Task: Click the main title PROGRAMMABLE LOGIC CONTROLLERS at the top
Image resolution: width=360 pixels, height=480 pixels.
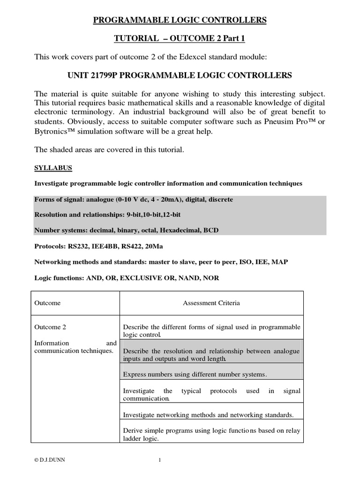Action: click(180, 20)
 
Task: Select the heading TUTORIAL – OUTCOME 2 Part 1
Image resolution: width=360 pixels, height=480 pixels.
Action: click(180, 39)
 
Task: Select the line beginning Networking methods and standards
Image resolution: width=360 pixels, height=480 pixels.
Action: click(161, 262)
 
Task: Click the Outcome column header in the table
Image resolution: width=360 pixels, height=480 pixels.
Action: click(48, 303)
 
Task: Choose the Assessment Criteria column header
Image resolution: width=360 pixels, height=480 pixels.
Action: click(211, 303)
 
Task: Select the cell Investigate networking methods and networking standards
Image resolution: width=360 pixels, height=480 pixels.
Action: click(208, 415)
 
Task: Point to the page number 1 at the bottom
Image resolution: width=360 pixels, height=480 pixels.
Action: click(159, 460)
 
